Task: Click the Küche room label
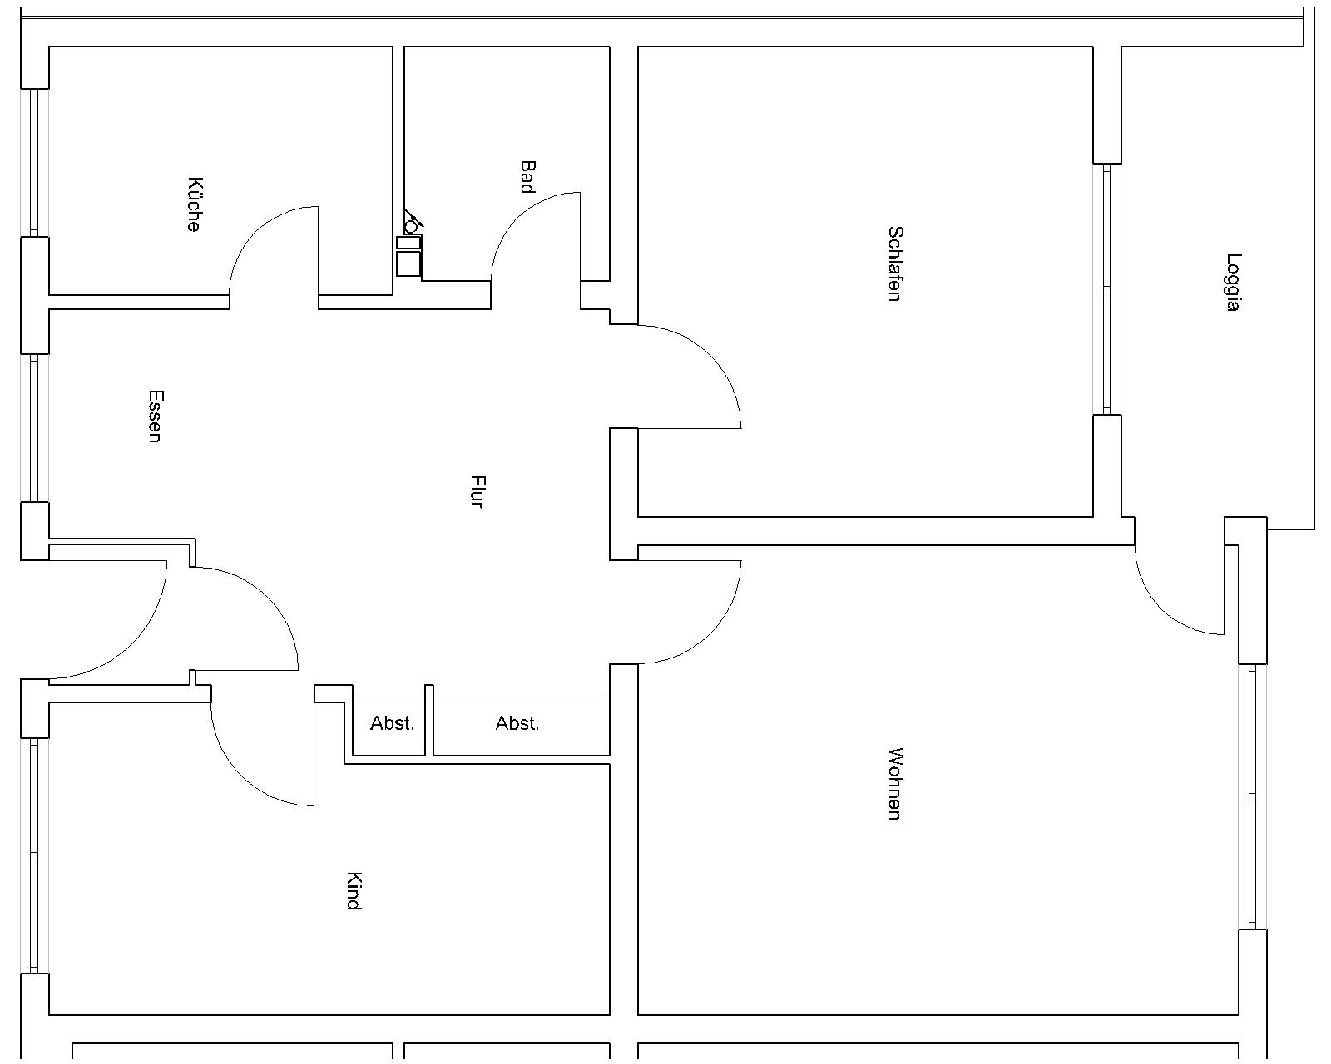(194, 204)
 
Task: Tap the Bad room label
(527, 177)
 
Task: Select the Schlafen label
(895, 264)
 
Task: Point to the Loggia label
(1234, 283)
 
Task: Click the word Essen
(156, 416)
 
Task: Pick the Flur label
(477, 491)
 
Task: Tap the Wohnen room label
(895, 784)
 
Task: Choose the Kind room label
(354, 891)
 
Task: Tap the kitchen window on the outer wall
(35, 163)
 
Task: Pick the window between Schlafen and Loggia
(1107, 288)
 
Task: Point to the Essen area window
(35, 428)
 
